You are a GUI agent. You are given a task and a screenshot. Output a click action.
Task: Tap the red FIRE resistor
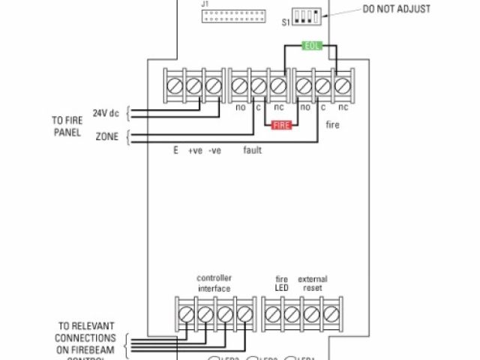[x=281, y=126]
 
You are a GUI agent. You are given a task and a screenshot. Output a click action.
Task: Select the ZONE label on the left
[x=106, y=137]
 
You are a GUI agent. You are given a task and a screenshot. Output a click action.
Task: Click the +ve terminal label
[x=195, y=150]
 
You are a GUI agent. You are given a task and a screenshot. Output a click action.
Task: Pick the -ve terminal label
[x=215, y=150]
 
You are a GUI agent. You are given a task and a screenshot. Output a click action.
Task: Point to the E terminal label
[x=175, y=150]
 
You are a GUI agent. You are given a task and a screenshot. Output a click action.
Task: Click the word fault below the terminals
[x=252, y=150]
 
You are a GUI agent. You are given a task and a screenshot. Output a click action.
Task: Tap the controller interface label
[x=214, y=283]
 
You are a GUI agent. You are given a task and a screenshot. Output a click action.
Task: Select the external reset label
[x=312, y=283]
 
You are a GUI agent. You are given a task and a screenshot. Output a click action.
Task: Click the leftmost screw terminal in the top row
[x=174, y=86]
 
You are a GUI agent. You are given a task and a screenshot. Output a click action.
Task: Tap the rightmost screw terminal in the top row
[x=343, y=86]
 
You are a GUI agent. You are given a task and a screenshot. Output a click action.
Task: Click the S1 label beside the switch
[x=286, y=22]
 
